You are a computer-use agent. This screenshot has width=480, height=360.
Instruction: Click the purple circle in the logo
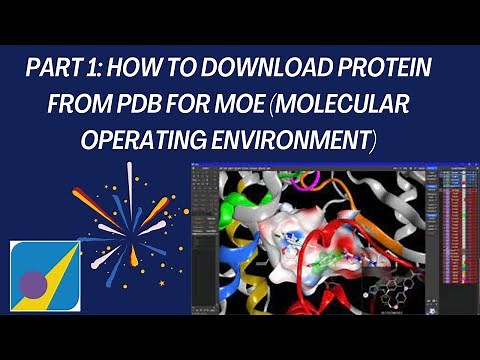click(33, 283)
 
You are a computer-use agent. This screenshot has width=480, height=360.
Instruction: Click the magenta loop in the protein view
click(290, 179)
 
